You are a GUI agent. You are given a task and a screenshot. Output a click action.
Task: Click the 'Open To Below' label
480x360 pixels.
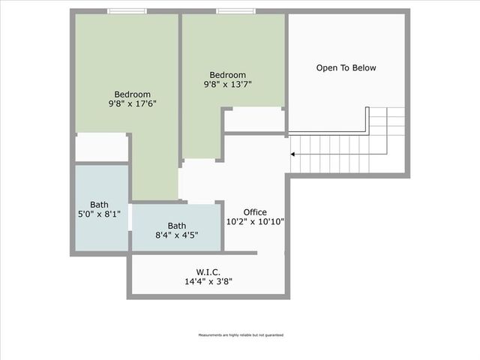pos(346,68)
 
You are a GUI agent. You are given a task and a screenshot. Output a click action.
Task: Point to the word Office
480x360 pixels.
pos(255,212)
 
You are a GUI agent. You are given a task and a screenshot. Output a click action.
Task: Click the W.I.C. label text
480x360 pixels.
pos(208,272)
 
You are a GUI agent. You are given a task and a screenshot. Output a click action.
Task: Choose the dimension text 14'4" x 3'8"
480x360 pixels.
pos(208,282)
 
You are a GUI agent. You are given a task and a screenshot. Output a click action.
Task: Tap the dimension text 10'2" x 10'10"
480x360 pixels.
pos(255,222)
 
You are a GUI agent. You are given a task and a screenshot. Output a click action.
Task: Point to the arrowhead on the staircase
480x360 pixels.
pos(293,154)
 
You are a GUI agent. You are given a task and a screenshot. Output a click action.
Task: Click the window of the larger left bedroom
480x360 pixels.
pos(126,11)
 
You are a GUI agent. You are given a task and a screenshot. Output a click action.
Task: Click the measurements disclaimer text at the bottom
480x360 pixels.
pos(240,335)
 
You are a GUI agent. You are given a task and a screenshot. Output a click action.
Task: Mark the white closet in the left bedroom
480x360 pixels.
pos(101,147)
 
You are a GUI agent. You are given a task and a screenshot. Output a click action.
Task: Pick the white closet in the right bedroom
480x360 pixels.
pos(253,119)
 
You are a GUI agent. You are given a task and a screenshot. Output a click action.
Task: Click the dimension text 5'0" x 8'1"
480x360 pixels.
pos(99,214)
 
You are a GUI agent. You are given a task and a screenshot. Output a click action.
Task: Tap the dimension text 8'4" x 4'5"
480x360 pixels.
pos(177,235)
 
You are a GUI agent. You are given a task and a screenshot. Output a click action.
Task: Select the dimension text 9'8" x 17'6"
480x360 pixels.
pos(132,104)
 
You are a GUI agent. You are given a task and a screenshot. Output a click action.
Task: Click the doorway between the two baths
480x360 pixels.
pos(130,218)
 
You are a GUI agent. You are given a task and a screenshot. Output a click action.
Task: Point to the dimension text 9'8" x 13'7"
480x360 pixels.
pos(227,85)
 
